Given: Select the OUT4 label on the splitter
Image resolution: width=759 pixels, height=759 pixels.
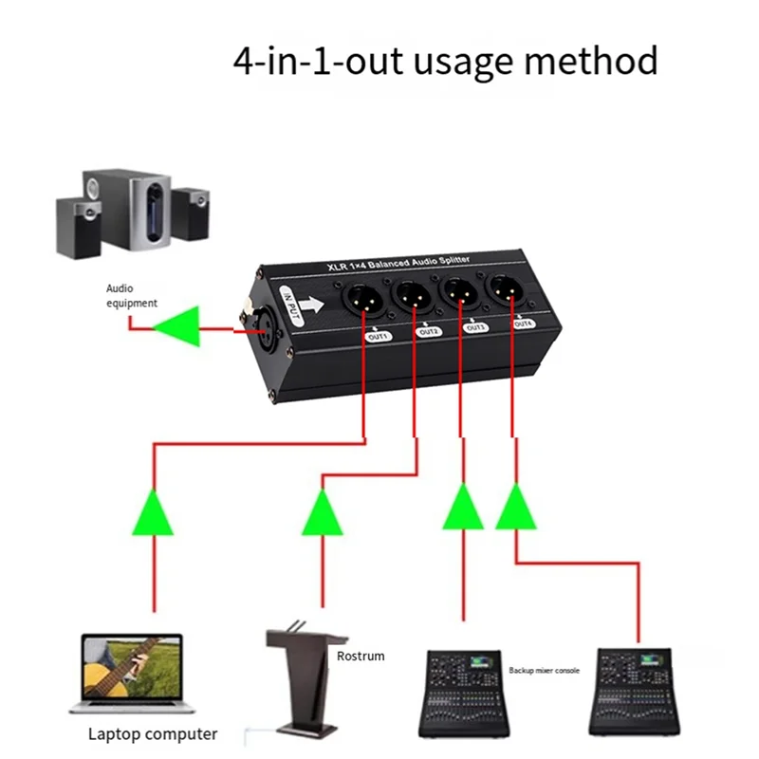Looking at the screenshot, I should [522, 323].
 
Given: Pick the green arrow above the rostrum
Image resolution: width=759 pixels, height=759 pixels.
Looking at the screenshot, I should [324, 513].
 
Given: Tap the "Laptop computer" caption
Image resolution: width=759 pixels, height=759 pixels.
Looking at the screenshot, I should [153, 733].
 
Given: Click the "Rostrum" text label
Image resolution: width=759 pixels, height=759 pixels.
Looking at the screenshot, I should [361, 656].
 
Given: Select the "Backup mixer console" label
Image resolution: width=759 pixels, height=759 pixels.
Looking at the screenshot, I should [544, 670].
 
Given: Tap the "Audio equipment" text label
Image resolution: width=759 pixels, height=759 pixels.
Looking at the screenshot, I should [132, 295].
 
